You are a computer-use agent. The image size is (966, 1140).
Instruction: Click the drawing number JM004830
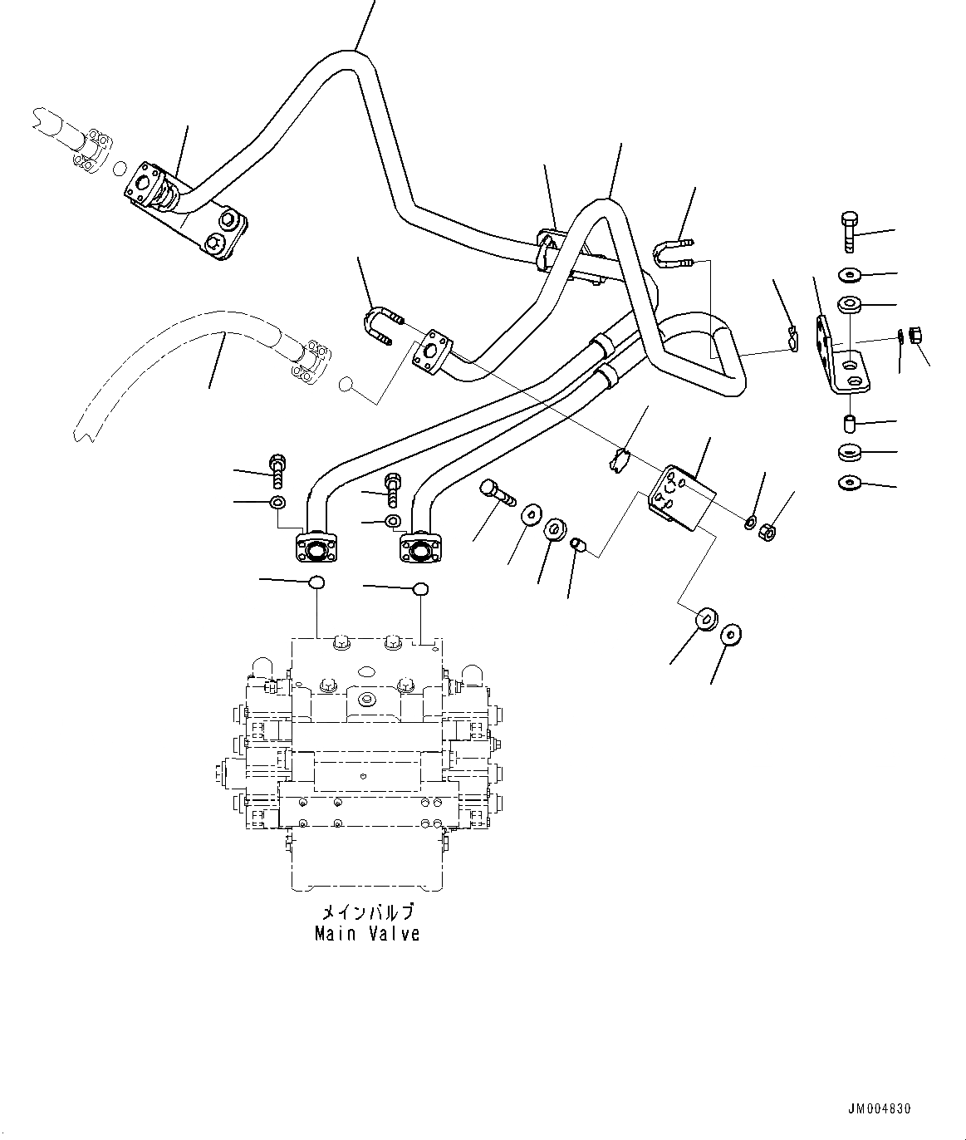(x=880, y=1108)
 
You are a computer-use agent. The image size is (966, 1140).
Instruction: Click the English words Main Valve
(x=367, y=934)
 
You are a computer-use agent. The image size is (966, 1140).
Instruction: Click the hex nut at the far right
(x=915, y=337)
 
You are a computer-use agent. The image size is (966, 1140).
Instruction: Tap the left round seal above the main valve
(x=316, y=582)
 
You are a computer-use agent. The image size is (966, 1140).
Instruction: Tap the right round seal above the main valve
(x=421, y=590)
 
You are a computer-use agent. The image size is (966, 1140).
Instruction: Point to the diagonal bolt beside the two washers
(x=497, y=495)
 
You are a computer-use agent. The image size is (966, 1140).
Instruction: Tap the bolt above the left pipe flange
(x=277, y=472)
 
